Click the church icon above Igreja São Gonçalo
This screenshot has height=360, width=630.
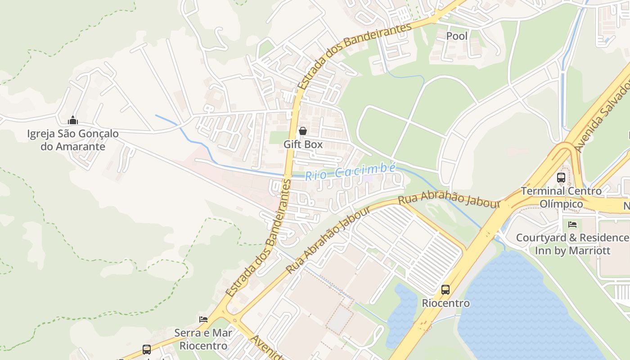(73, 120)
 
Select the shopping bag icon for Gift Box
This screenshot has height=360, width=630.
(303, 131)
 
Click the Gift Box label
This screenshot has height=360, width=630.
(303, 144)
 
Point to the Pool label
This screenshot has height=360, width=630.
(457, 36)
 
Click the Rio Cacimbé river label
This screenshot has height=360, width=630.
(351, 172)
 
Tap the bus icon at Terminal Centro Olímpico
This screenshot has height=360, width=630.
(561, 177)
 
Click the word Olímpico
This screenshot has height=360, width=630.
(561, 204)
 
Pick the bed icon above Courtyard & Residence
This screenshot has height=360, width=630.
(572, 224)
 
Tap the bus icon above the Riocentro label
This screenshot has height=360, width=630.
(445, 290)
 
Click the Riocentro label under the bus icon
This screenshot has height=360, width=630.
(445, 303)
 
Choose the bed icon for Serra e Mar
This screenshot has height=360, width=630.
(203, 319)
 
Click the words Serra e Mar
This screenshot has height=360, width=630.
(203, 333)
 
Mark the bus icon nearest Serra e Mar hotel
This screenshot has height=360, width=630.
(147, 349)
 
